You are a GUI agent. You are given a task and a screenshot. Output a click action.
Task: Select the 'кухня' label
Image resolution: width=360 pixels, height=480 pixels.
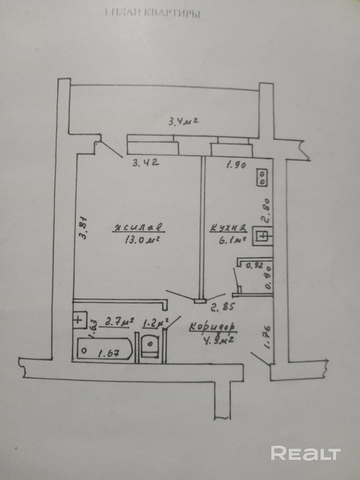click(228, 229)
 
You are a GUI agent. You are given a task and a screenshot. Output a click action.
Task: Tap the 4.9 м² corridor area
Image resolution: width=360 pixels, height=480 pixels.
click(219, 341)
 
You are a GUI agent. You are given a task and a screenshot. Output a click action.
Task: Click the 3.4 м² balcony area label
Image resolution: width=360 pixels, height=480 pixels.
click(184, 121)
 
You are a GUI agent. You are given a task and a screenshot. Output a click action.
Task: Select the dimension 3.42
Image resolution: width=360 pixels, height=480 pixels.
click(145, 163)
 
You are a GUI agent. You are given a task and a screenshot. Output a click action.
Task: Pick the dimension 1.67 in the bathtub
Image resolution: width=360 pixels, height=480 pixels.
click(108, 353)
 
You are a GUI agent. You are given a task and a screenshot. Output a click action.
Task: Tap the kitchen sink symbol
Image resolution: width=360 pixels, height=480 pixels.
click(262, 236)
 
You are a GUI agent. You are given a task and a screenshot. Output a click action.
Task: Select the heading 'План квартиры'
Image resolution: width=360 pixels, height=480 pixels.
click(152, 13)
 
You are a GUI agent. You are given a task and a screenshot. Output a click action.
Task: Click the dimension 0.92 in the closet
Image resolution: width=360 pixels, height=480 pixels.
click(254, 265)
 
